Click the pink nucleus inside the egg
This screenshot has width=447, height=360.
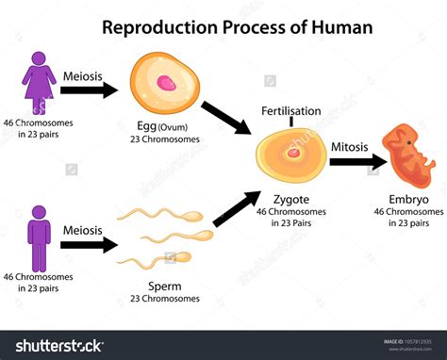click(168, 84)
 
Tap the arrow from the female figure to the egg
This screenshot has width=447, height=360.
click(90, 91)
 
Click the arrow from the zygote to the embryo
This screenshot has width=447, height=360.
click(357, 162)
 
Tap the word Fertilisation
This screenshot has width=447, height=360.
click(291, 111)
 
